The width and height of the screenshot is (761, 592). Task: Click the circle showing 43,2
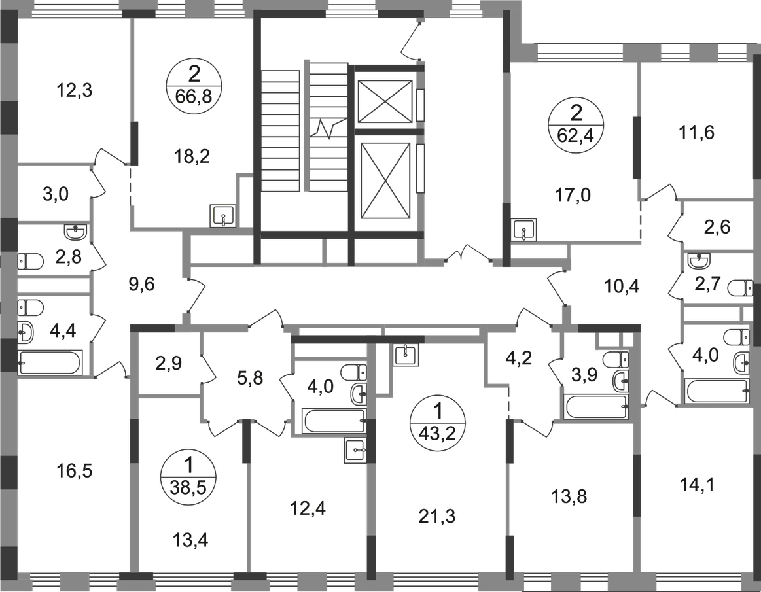tap(438, 423)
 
